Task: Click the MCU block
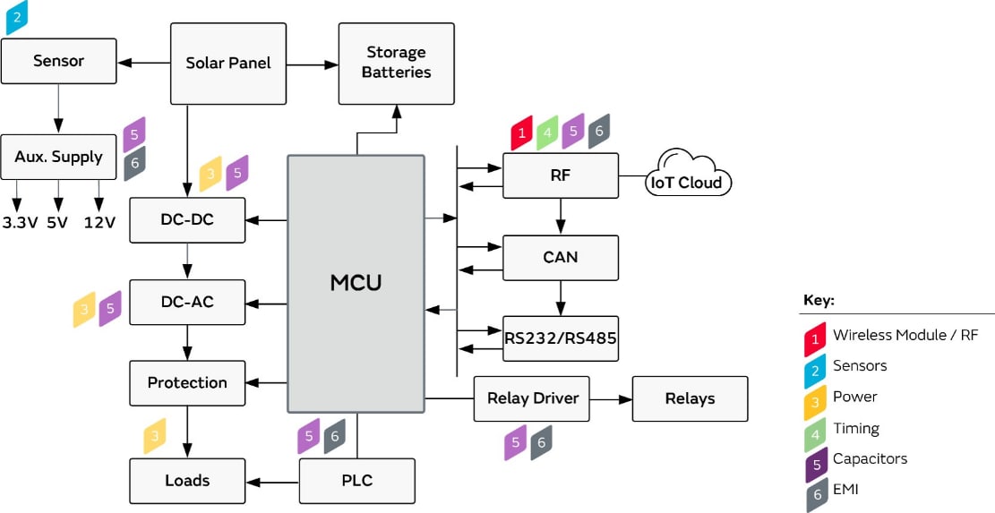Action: pos(356,283)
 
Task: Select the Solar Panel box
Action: pos(228,63)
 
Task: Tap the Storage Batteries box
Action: pos(396,63)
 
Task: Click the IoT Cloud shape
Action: pos(687,182)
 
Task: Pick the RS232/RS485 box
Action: pos(560,338)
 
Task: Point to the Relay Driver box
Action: pos(532,398)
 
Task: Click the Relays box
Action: pos(690,398)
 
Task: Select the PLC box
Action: pos(356,481)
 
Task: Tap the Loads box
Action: pos(187,481)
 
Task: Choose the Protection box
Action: pos(187,382)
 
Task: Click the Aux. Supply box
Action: pos(58,157)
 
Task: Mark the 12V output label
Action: pos(99,223)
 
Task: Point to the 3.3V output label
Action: pos(20,223)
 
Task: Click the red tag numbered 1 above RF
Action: pos(522,133)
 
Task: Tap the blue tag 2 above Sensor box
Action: pos(17,17)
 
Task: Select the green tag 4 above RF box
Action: pos(547,133)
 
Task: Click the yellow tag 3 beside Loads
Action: pos(155,436)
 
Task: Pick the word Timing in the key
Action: pos(856,428)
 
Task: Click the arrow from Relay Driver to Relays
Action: pos(611,398)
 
